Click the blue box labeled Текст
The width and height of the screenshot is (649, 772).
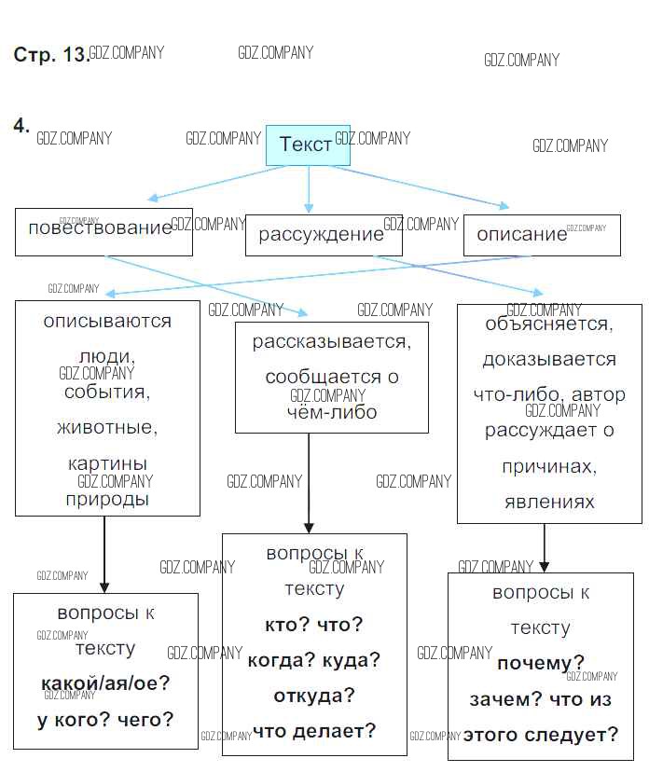307,145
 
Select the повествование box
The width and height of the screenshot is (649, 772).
103,230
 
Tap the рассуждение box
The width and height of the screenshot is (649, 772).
323,234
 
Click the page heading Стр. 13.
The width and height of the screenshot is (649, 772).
50,55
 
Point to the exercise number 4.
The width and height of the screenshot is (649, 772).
21,125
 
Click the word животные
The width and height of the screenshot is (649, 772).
107,428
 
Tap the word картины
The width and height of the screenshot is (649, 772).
107,463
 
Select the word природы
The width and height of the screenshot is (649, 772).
107,499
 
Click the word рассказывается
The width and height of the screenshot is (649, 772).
331,342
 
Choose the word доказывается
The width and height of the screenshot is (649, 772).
549,360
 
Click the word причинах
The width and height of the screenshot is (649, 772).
549,466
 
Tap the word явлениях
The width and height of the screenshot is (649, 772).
549,502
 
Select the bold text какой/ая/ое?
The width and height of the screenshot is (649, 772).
105,683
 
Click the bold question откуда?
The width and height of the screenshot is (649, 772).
314,696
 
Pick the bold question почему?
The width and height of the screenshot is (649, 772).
541,664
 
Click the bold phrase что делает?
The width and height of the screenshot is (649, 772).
314,731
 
